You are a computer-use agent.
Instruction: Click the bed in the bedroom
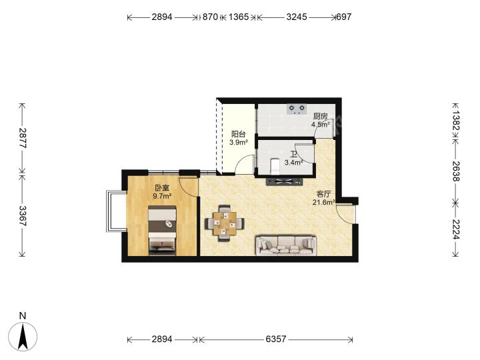click(x=162, y=231)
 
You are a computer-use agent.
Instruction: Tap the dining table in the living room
click(x=225, y=223)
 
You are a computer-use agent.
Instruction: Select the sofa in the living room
click(x=286, y=245)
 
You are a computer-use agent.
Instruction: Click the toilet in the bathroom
click(x=275, y=165)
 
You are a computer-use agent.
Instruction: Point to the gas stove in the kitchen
click(x=297, y=109)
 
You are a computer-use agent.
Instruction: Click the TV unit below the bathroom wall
click(x=285, y=182)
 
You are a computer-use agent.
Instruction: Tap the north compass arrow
click(x=23, y=337)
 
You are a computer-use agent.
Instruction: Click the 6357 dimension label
click(x=276, y=339)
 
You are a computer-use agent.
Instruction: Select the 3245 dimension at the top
click(x=296, y=17)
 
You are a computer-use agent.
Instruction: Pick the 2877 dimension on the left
click(x=23, y=138)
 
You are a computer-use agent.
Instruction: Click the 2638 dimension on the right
click(x=455, y=171)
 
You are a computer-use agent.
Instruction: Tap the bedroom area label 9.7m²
click(x=162, y=196)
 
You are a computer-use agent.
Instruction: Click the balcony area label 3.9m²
click(x=239, y=142)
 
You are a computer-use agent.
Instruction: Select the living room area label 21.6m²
click(x=323, y=202)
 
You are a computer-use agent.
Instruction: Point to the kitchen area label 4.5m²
click(x=321, y=124)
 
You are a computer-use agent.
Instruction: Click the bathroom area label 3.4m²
click(x=293, y=163)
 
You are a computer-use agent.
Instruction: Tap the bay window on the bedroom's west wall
click(x=116, y=211)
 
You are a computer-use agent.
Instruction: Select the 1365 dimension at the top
click(x=239, y=17)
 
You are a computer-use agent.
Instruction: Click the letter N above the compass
click(x=23, y=315)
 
